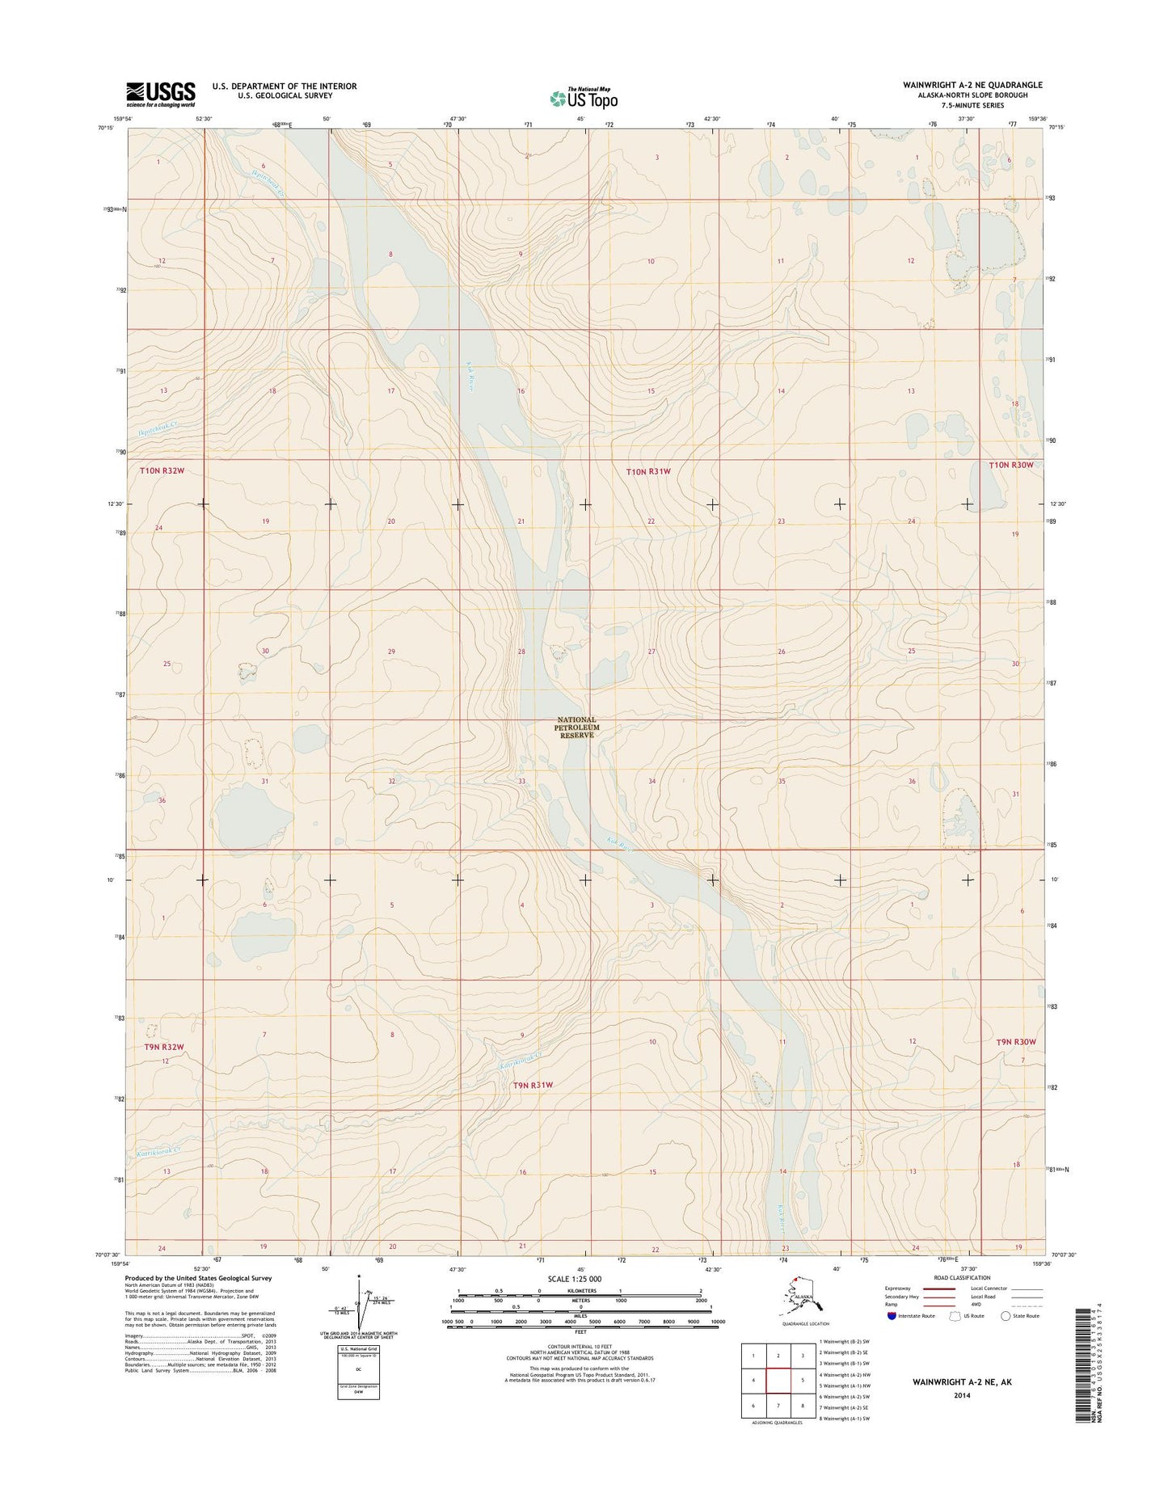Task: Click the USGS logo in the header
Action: click(160, 94)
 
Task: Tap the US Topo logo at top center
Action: click(584, 98)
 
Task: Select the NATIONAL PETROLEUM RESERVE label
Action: click(576, 728)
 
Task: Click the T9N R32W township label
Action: click(164, 1047)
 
